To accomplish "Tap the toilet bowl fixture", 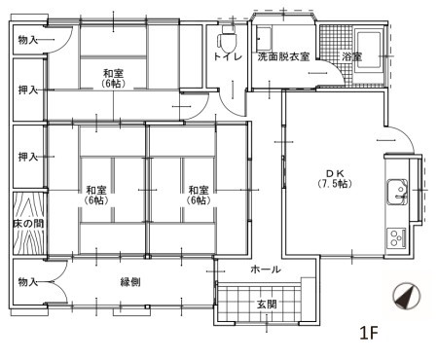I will coord(228,40).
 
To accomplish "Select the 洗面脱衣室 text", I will coord(283,58).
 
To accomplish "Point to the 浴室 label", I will coord(351,58).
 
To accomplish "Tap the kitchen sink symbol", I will coord(397,192).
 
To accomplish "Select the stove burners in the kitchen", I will coord(397,236).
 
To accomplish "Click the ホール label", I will coord(266,270).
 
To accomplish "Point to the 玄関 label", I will coord(267,304).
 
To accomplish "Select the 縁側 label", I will coord(132,282).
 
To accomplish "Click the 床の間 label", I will coord(27,224).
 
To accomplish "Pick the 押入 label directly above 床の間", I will coord(27,156).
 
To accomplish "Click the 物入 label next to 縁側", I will coord(27,282).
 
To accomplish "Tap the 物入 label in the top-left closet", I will coord(27,39).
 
